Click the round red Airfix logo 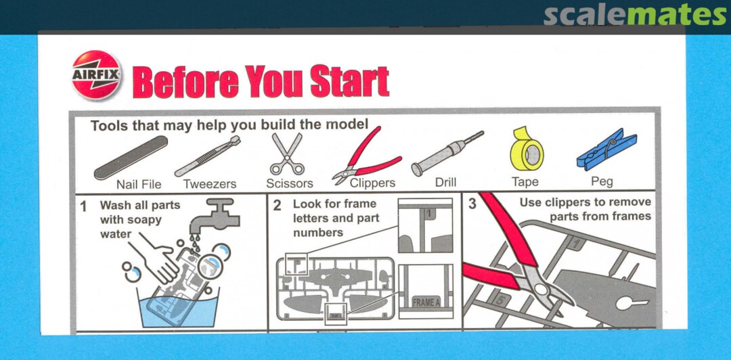pos(97,74)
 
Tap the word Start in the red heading pos(350,81)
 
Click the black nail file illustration pos(131,158)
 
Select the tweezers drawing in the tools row pos(208,156)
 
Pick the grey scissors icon pos(287,154)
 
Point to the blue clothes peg pos(606,150)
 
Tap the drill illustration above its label pos(447,153)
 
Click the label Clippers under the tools pos(372,183)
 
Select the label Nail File pos(139,185)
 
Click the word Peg pos(602,182)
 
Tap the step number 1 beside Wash pos(83,206)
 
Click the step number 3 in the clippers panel pos(472,204)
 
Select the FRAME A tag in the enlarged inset pos(426,302)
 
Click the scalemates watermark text pos(634,17)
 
